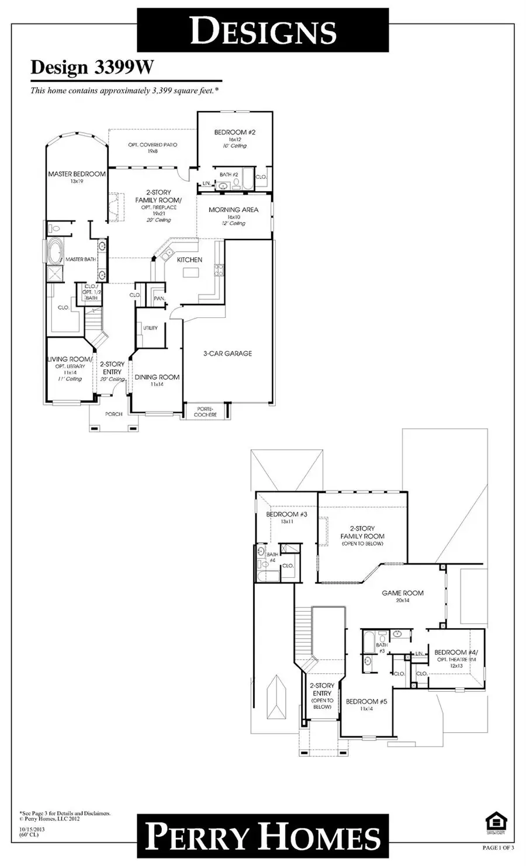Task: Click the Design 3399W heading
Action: pyautogui.click(x=92, y=68)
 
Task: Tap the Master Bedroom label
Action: pyautogui.click(x=77, y=174)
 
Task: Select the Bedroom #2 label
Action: pyautogui.click(x=234, y=133)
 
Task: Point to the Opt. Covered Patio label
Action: pyautogui.click(x=152, y=145)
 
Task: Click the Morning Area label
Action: pyautogui.click(x=233, y=210)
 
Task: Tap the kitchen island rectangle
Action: pyautogui.click(x=191, y=273)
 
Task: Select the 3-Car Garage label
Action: pyautogui.click(x=227, y=353)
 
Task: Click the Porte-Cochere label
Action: pyautogui.click(x=205, y=411)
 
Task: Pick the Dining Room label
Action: pyautogui.click(x=157, y=377)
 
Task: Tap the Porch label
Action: pyautogui.click(x=114, y=414)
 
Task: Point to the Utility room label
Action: pyautogui.click(x=150, y=328)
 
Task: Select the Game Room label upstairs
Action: pyautogui.click(x=403, y=593)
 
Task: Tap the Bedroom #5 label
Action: pyautogui.click(x=366, y=701)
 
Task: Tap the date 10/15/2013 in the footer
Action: pyautogui.click(x=33, y=829)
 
